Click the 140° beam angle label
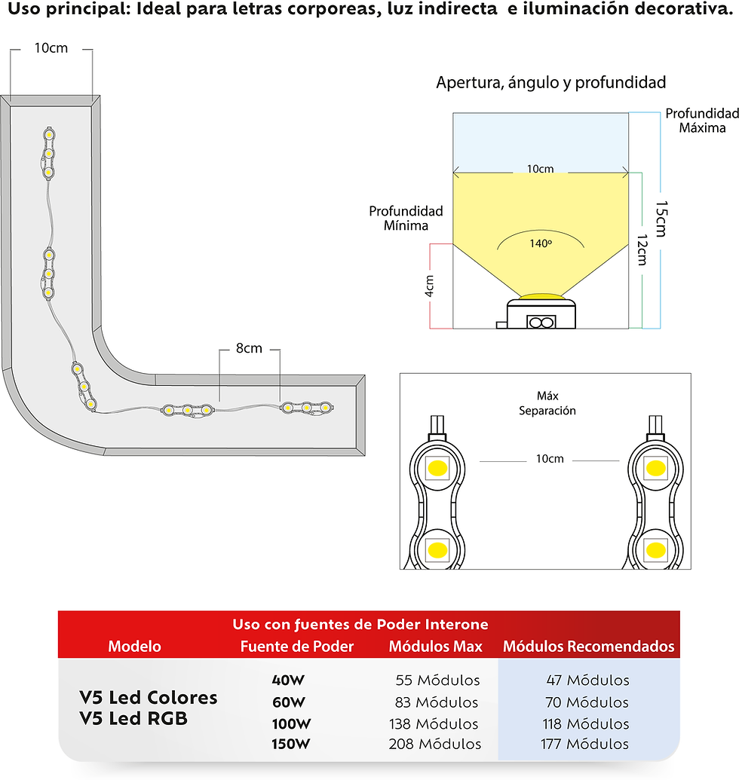click(x=541, y=243)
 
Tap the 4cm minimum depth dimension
click(x=429, y=286)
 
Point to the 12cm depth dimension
click(x=642, y=249)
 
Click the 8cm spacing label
click(x=249, y=348)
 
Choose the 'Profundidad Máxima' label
click(x=702, y=121)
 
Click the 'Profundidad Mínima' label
click(x=406, y=219)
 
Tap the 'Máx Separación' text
click(x=547, y=403)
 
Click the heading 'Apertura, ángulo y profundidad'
click(x=550, y=82)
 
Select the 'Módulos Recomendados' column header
click(x=589, y=646)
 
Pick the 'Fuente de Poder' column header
click(x=297, y=646)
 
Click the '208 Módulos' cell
click(x=434, y=744)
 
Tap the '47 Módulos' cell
click(x=587, y=680)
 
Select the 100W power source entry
click(x=291, y=723)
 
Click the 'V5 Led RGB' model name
click(x=133, y=719)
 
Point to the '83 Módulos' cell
click(x=436, y=702)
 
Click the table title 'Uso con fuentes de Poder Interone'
click(x=360, y=624)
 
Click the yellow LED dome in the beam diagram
click(x=541, y=297)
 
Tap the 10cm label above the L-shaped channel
click(x=51, y=48)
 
